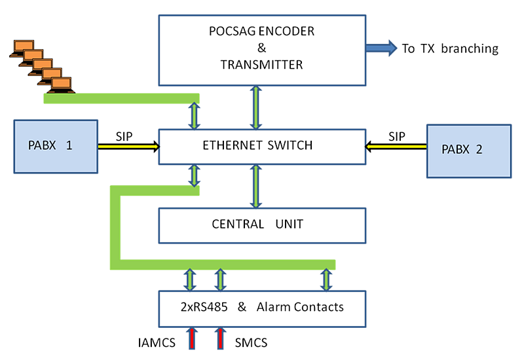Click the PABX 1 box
[x=55, y=147]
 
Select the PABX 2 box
[x=468, y=150]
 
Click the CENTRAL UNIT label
[x=257, y=224]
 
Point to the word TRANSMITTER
[x=262, y=65]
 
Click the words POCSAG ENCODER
[x=262, y=31]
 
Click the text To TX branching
[x=451, y=48]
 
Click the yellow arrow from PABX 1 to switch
[x=128, y=148]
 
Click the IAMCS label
[x=157, y=342]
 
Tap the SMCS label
[x=250, y=342]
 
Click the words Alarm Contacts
[x=300, y=307]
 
